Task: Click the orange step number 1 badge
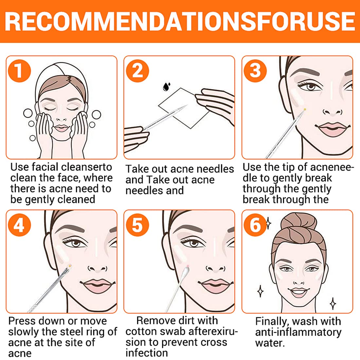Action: (19, 71)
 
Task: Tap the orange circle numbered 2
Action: (137, 71)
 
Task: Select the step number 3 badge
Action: (255, 71)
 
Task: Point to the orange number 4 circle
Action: (19, 225)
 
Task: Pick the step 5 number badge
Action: (137, 225)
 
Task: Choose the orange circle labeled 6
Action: (255, 225)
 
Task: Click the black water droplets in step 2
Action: (167, 86)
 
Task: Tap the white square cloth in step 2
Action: (184, 108)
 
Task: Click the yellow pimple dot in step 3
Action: (305, 110)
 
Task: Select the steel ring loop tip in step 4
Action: (69, 266)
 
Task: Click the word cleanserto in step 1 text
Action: (86, 167)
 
